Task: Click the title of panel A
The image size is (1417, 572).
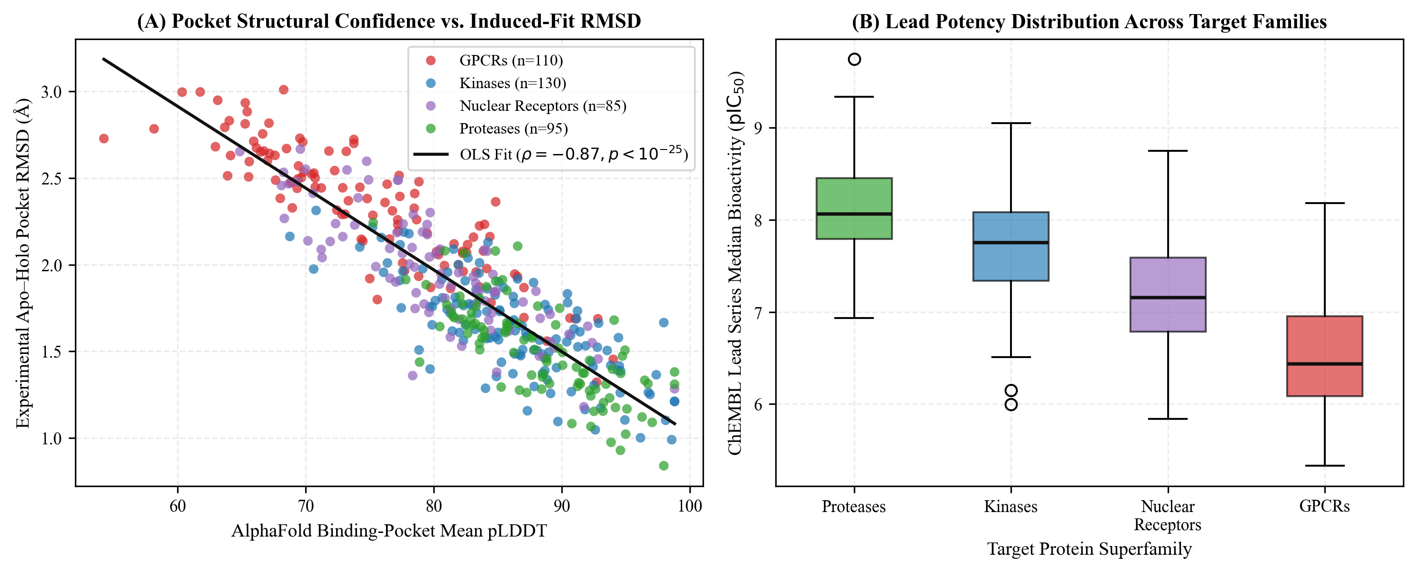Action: pos(389,21)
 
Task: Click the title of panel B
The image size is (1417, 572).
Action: pos(1089,21)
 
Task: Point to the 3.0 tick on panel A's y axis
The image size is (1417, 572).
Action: pos(51,91)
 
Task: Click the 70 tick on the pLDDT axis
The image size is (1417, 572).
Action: pos(305,505)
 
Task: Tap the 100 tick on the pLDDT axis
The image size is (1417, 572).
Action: pos(690,505)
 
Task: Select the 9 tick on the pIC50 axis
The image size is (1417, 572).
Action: pos(758,128)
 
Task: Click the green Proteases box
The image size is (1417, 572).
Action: pos(854,208)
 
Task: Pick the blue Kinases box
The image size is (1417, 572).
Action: pos(1011,246)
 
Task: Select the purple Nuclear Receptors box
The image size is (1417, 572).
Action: pos(1168,294)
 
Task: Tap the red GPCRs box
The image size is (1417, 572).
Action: pos(1325,356)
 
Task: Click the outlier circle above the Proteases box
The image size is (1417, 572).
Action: pos(854,60)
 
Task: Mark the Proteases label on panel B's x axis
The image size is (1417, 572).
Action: pos(854,507)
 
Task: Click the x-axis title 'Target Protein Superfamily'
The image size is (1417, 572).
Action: pos(1089,549)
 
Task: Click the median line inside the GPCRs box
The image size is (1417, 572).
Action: pos(1325,364)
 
